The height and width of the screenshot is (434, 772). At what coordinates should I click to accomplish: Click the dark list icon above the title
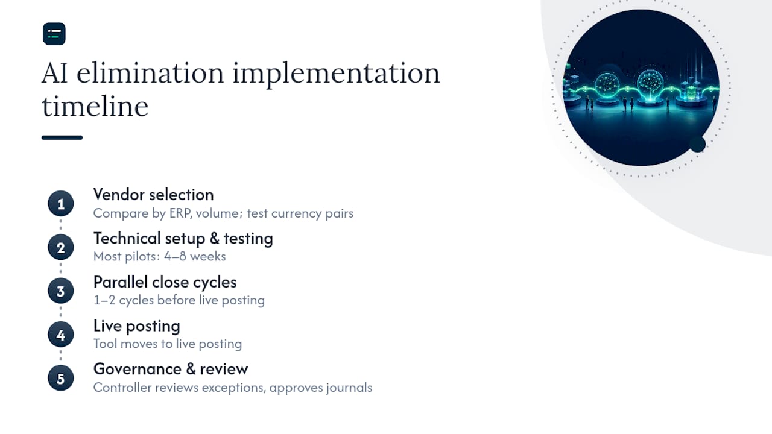point(54,34)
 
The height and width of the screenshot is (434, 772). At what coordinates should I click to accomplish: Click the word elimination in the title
point(150,73)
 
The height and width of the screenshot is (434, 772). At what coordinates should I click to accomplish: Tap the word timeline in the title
point(95,106)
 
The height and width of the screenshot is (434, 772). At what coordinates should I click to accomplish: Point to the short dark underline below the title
point(62,137)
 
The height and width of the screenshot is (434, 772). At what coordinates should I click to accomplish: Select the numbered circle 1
point(61,204)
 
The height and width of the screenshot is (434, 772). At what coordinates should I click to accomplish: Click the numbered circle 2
point(61,247)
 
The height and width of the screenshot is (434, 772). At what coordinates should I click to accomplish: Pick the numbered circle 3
point(61,291)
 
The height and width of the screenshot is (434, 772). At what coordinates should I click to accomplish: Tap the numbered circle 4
point(61,335)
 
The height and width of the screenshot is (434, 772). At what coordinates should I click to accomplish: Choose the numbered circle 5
point(61,378)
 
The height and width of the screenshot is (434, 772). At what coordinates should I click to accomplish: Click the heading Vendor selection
point(154,195)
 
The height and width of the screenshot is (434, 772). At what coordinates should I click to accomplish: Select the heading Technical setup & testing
point(183,239)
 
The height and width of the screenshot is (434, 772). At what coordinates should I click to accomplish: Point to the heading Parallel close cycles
point(165,283)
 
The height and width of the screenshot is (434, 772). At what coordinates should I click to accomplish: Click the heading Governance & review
point(171,370)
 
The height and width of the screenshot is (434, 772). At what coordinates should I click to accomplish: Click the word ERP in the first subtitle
point(180,213)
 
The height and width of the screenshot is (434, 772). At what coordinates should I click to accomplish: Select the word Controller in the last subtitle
point(122,388)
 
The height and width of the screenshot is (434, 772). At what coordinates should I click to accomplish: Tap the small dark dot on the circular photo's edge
point(698,144)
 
